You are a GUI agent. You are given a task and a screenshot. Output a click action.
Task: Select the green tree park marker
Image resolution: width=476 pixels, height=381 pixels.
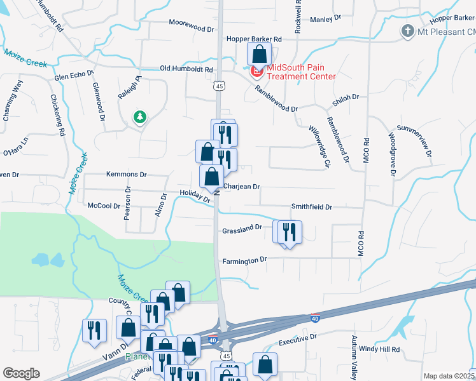139,117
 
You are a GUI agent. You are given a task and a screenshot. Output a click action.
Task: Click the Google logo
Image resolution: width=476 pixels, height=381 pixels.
21,373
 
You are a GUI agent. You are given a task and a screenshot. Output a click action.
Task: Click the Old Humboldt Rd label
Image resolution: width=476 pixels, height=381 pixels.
186,69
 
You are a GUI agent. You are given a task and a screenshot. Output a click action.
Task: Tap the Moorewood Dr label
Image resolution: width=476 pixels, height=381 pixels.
192,29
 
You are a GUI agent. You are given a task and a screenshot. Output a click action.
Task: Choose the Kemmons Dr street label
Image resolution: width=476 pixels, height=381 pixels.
127,174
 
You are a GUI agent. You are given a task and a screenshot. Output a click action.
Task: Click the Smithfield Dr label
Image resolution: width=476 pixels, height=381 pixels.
312,207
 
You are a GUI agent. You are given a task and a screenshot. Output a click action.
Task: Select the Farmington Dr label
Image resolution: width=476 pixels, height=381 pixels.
244,260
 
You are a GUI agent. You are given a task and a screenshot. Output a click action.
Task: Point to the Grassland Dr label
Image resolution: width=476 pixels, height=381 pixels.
242,227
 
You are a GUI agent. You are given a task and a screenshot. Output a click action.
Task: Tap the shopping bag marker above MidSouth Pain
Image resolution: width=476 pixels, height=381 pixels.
260,54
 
